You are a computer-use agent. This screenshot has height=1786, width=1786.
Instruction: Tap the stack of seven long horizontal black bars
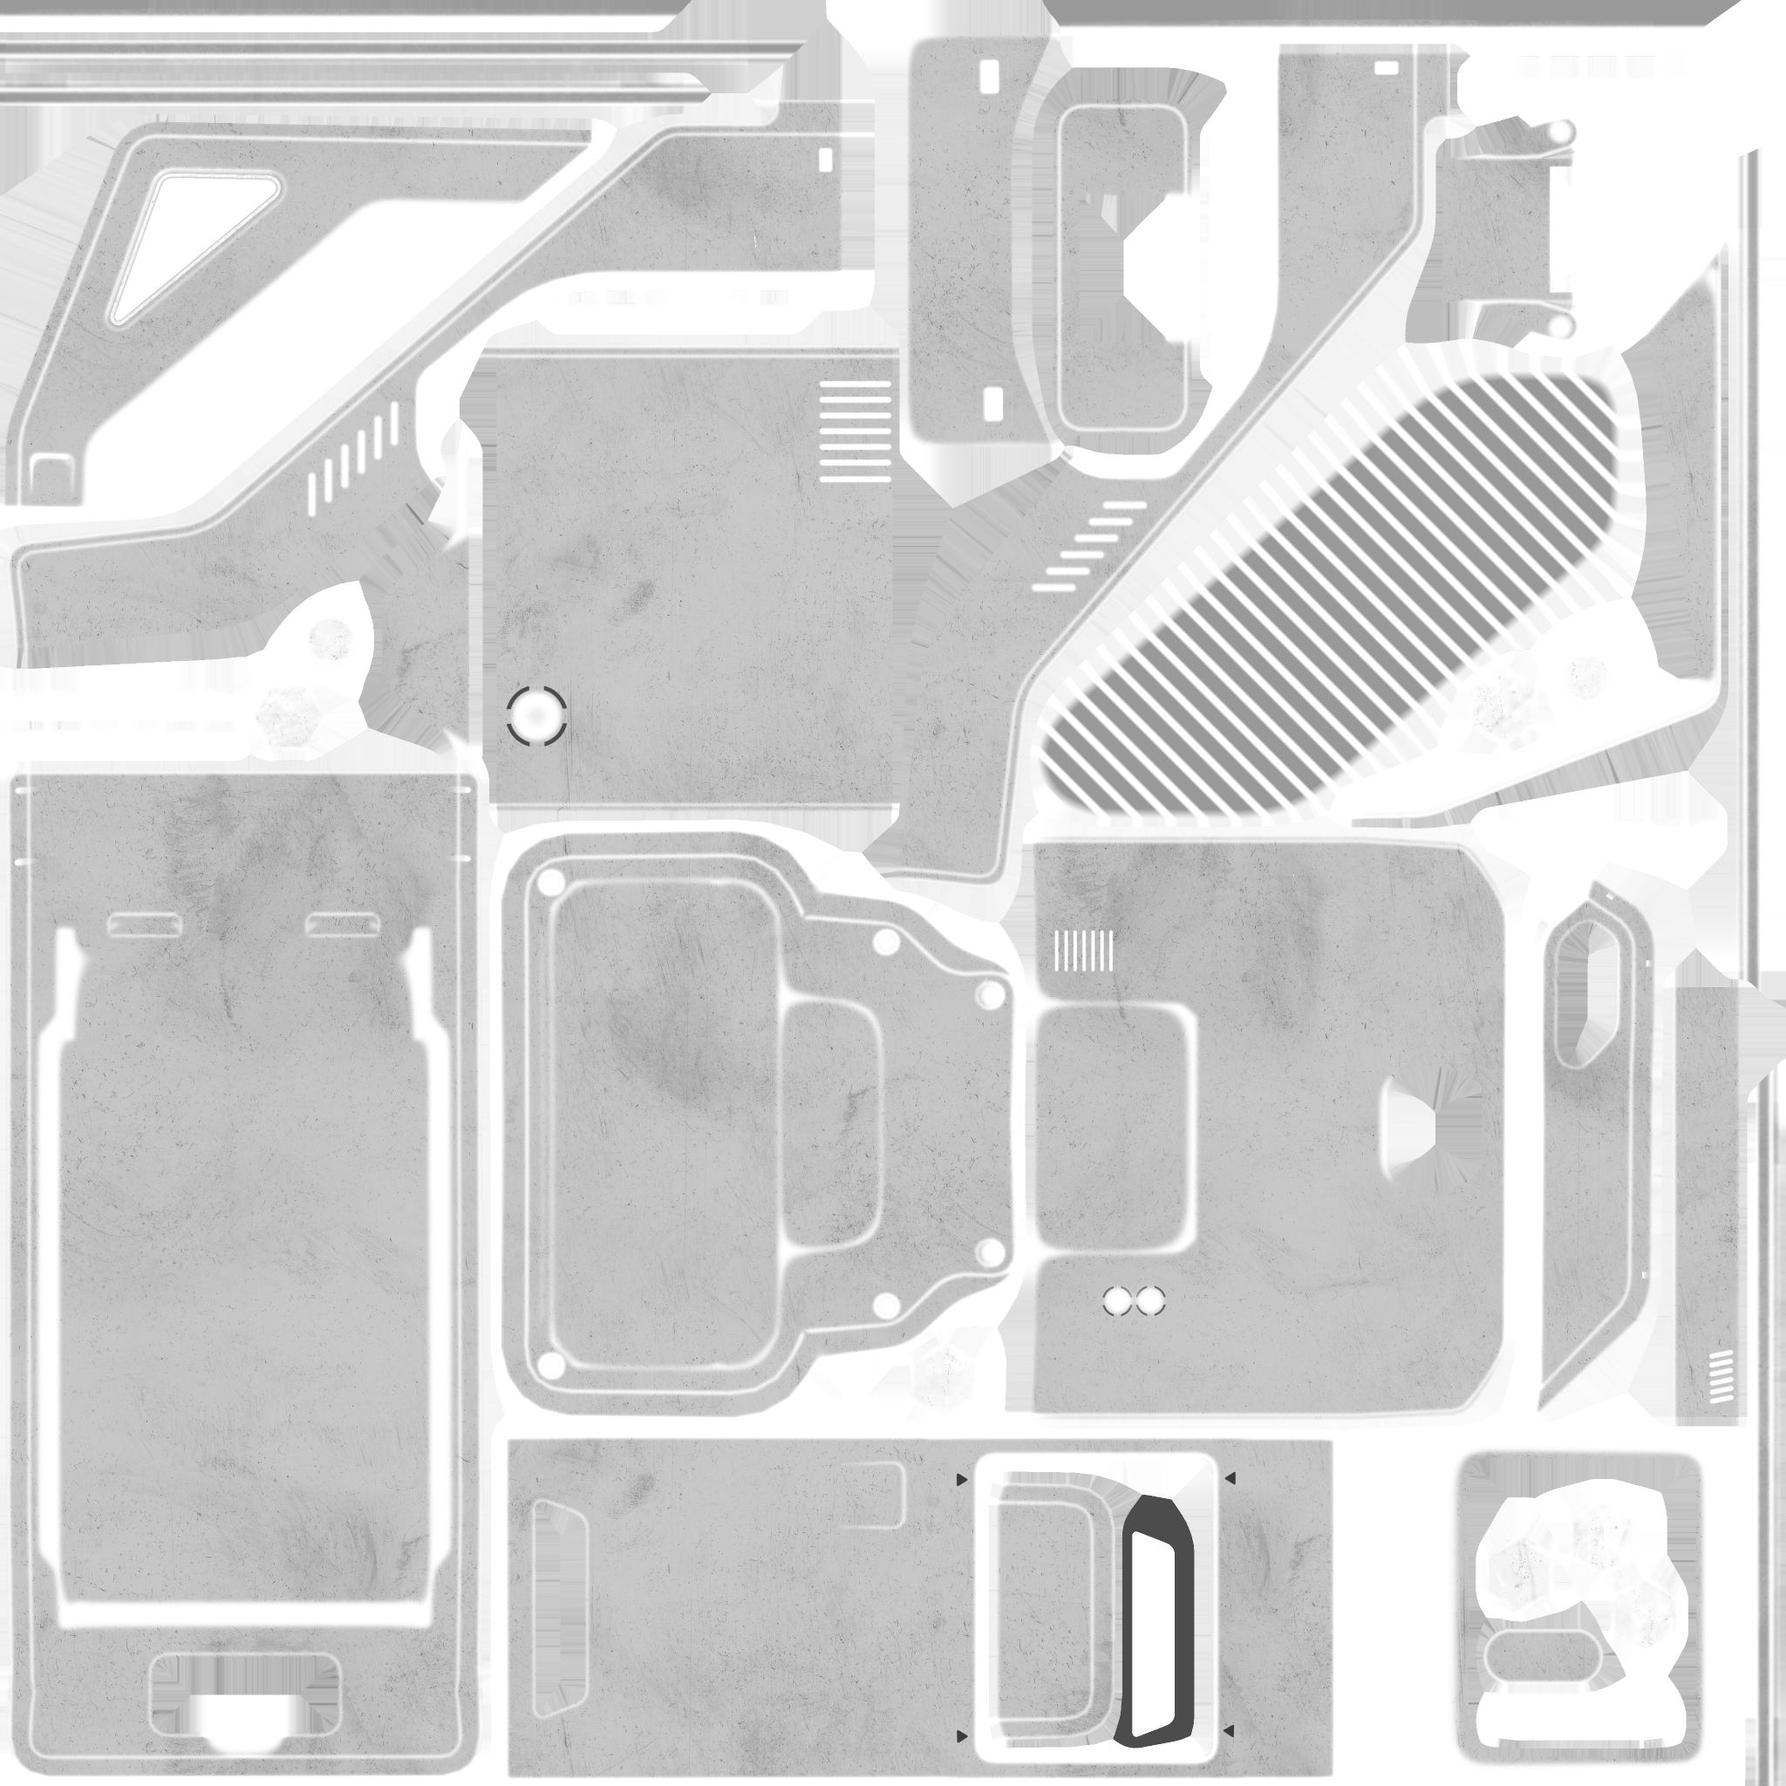(856, 431)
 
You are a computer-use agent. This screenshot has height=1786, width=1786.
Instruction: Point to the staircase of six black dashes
(1089, 546)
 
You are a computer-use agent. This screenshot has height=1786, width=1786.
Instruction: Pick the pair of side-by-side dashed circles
(1134, 1300)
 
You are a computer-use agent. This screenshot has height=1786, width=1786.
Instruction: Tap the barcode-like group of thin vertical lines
(1083, 951)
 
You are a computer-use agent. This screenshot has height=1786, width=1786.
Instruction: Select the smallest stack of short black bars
(1721, 1376)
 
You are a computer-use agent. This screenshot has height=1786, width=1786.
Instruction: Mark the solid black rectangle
(1595, 228)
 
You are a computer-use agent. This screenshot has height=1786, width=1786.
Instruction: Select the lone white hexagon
(943, 1374)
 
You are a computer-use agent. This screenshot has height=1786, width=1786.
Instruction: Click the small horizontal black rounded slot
(1386, 68)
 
